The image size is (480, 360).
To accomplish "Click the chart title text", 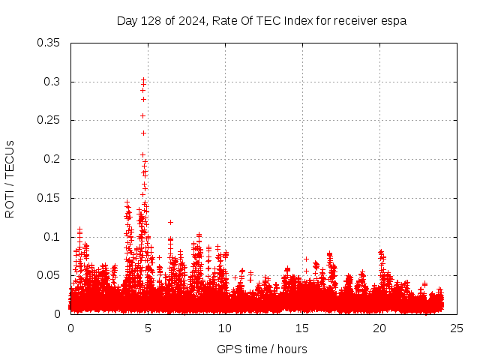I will click(261, 20).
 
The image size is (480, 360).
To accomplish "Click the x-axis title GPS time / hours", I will click(262, 349).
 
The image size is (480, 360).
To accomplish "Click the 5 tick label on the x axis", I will click(148, 328).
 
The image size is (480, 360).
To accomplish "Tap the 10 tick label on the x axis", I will click(225, 328).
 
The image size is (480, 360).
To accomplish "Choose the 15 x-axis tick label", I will click(302, 328).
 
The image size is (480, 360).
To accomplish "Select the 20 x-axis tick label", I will click(379, 328).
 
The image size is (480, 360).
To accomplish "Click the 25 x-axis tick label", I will click(457, 328).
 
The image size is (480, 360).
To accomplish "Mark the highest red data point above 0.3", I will click(143, 79).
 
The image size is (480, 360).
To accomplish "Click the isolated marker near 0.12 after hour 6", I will click(170, 222).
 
